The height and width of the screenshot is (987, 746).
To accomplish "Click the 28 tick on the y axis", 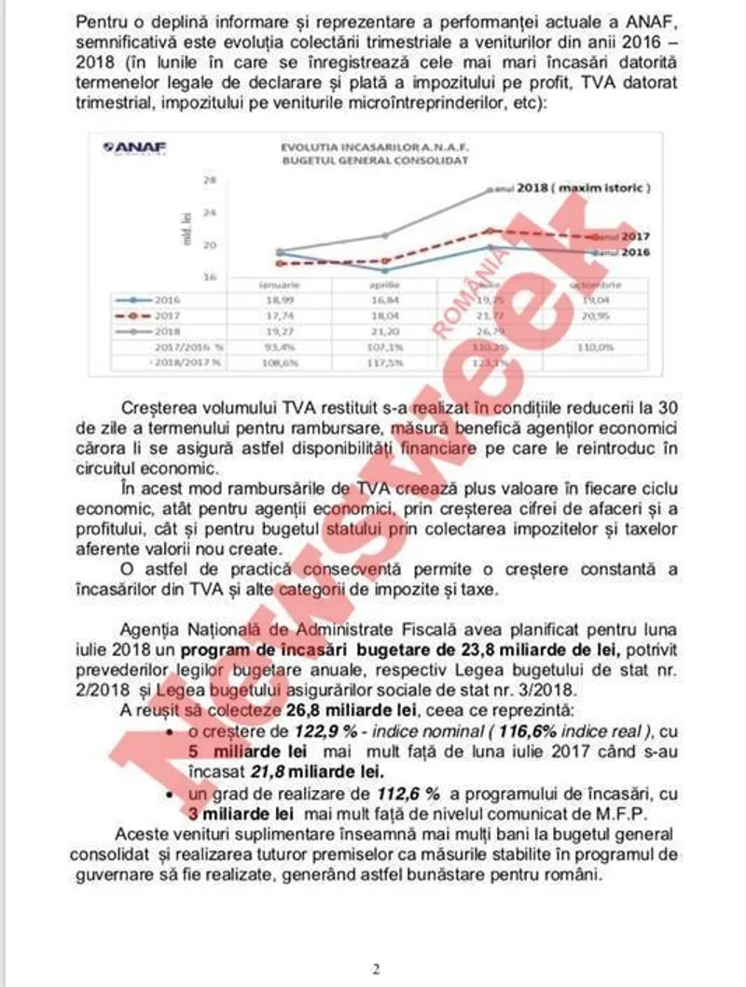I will point(211,181).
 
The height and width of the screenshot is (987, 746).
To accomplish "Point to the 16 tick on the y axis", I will point(211,277).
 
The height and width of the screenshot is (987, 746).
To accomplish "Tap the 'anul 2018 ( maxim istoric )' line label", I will point(582,188).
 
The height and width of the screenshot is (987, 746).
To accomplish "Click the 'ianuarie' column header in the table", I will point(279,285).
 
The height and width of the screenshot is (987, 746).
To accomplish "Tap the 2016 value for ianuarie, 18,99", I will point(279,300).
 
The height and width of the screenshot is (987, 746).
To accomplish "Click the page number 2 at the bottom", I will point(375,968).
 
